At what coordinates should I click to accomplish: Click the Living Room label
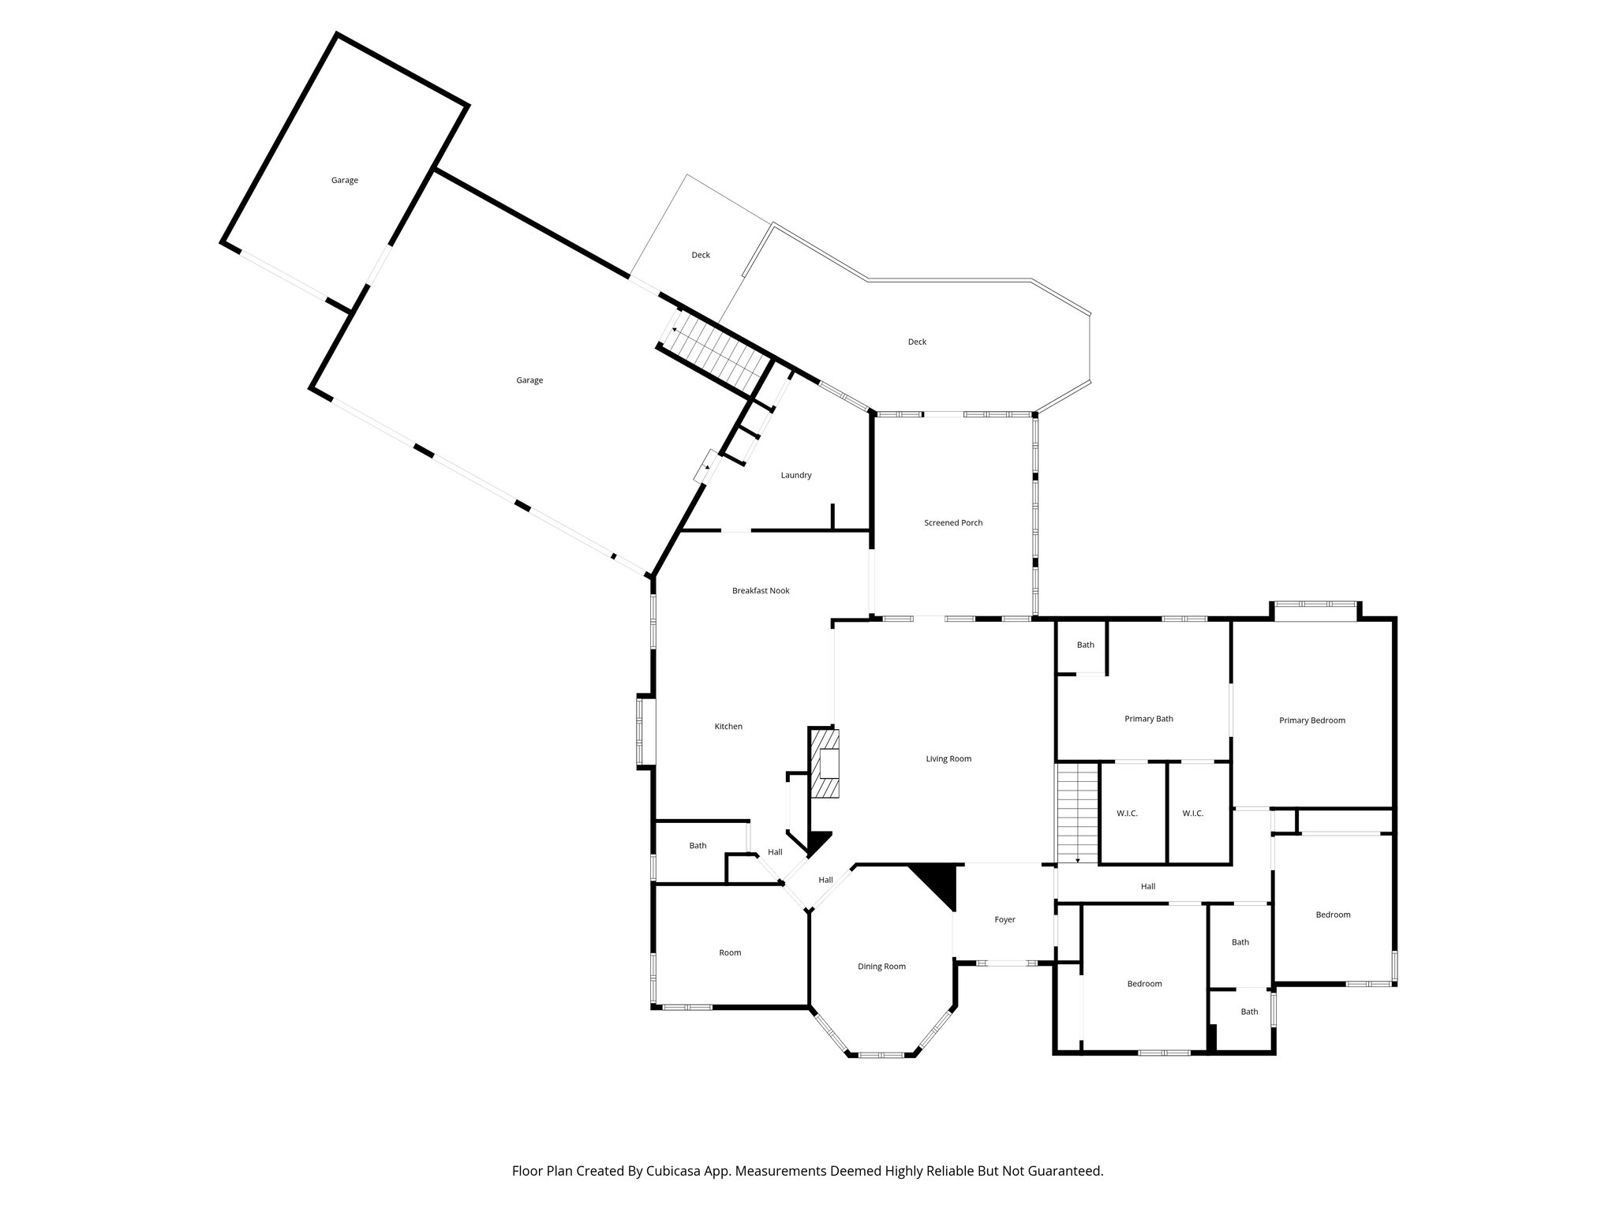coord(948,759)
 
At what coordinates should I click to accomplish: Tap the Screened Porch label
coord(953,522)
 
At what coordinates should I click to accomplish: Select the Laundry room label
coord(796,475)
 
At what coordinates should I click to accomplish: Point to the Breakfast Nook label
coord(761,590)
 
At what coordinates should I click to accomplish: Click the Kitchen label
coord(728,726)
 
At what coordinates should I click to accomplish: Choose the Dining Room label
coord(881,967)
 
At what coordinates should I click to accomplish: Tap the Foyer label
coord(1004,919)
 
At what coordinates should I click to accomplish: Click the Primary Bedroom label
coord(1311,720)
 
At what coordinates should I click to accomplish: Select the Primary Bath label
coord(1148,719)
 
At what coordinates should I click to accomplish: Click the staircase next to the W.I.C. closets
coord(1078,813)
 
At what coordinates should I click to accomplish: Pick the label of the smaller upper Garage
coord(344,180)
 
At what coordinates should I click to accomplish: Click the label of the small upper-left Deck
coord(701,255)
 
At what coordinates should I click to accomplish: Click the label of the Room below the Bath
coord(730,952)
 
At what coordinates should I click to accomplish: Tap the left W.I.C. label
coord(1127,814)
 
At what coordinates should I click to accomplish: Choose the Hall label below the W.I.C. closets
coord(1148,886)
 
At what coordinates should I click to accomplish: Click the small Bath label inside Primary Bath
coord(1086,645)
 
